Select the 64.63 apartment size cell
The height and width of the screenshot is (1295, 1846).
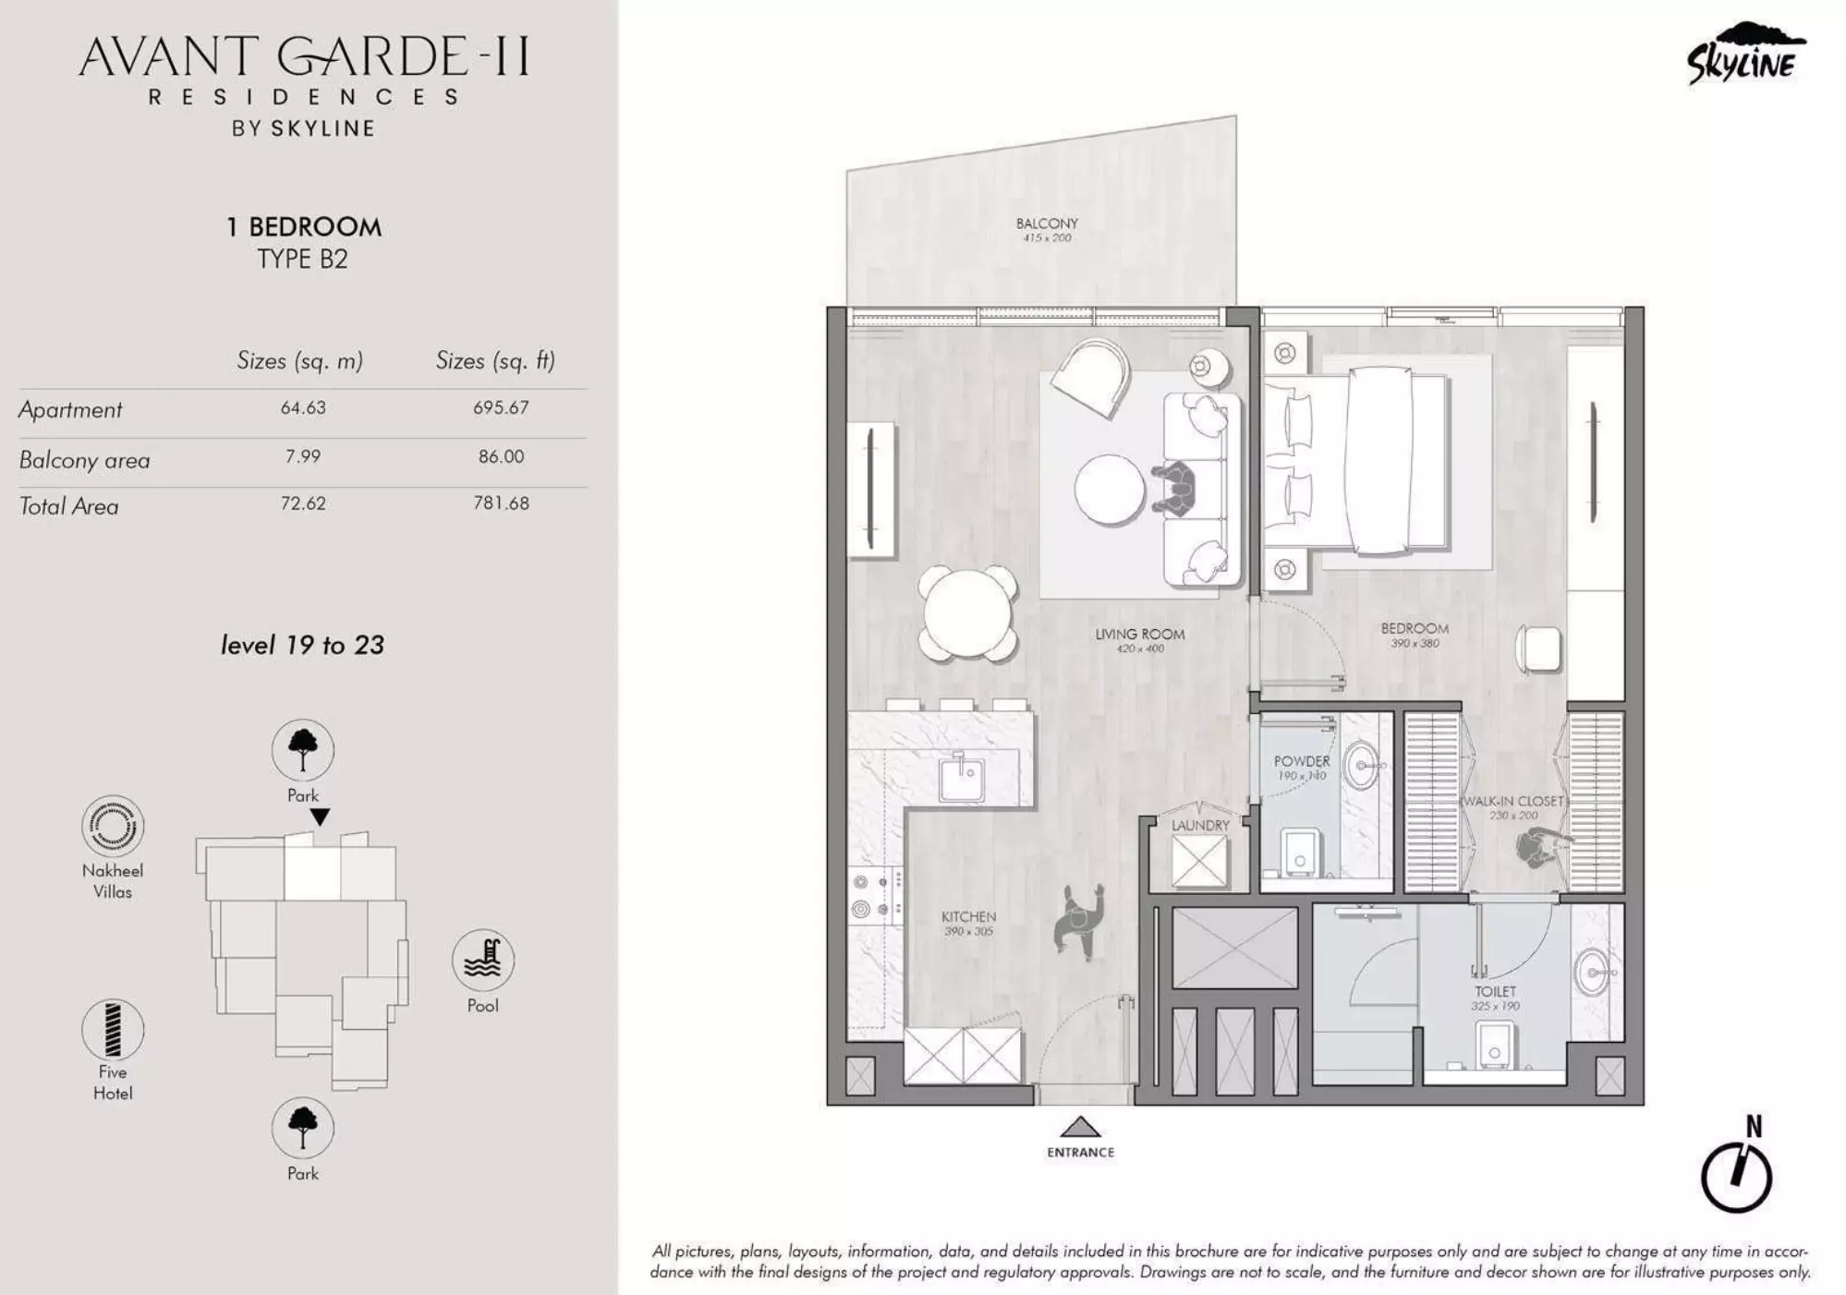[x=303, y=407]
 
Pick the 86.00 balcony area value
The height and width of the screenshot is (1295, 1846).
[x=501, y=456]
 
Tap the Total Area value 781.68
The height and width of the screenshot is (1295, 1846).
[x=501, y=503]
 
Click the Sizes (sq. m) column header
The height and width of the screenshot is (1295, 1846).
[x=299, y=360]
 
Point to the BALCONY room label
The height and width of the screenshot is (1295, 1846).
[x=1047, y=224]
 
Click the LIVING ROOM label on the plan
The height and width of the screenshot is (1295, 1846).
[x=1139, y=635]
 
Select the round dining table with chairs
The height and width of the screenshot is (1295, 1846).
[x=966, y=613]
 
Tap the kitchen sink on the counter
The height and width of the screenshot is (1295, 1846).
[x=963, y=778]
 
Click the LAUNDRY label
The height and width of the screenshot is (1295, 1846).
[x=1200, y=826]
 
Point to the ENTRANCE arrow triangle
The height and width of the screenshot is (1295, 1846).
[x=1079, y=1127]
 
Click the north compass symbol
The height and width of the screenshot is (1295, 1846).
[x=1736, y=1177]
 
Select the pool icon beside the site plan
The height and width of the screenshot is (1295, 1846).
[x=482, y=960]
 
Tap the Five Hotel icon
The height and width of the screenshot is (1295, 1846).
[x=113, y=1029]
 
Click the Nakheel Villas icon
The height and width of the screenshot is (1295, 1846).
[x=113, y=826]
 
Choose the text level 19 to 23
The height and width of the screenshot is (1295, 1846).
[x=302, y=645]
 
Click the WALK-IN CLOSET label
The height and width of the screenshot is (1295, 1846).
[x=1512, y=801]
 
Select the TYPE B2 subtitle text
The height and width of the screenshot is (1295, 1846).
[x=302, y=260]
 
